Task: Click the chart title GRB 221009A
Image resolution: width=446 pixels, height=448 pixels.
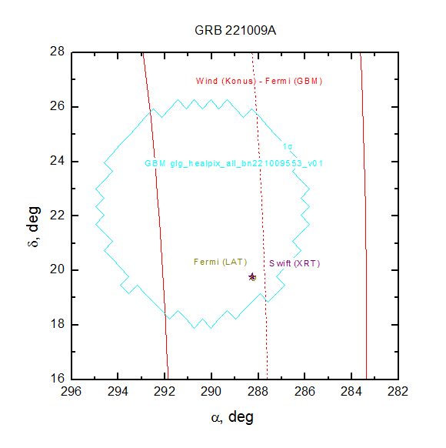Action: click(235, 30)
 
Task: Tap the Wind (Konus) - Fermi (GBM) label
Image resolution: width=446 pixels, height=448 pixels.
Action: click(259, 81)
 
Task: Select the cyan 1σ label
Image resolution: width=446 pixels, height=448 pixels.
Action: click(288, 146)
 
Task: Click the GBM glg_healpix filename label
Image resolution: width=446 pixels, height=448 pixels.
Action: click(234, 163)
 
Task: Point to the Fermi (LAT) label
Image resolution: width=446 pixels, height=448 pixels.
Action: click(220, 262)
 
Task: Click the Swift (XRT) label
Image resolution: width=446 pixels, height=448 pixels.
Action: click(295, 263)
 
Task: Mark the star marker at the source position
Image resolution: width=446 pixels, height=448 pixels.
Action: click(252, 276)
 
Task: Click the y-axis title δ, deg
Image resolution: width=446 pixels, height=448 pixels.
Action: click(34, 226)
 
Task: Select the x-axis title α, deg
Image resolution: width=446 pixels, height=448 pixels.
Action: click(232, 417)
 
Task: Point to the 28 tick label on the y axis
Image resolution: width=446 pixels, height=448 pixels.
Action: click(58, 52)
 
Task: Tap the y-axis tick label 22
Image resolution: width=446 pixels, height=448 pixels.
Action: click(58, 215)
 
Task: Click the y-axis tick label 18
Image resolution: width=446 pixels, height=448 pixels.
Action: click(58, 324)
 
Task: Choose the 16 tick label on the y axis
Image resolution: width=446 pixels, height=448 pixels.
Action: click(58, 378)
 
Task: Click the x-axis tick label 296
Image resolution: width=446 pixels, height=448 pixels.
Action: click(71, 392)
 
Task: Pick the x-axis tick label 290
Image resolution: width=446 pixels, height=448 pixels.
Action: click(211, 392)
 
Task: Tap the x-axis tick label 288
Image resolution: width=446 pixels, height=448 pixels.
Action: click(258, 392)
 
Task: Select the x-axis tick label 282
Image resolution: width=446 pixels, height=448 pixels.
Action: click(398, 392)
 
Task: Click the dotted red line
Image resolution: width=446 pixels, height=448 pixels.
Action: click(260, 216)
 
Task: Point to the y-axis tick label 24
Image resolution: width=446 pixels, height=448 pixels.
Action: click(58, 161)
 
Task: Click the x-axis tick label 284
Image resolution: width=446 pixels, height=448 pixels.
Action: click(351, 392)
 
